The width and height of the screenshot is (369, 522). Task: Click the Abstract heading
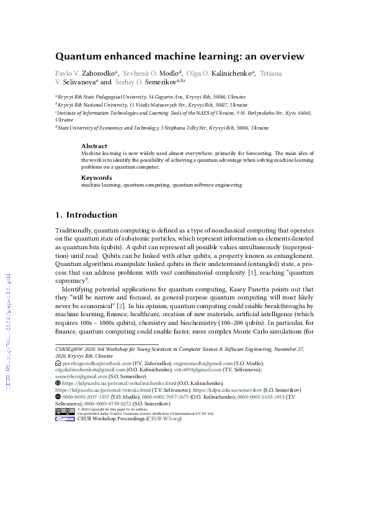click(x=94, y=146)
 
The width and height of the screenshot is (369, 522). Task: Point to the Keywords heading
click(x=96, y=177)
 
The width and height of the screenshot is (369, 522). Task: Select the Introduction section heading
click(x=91, y=215)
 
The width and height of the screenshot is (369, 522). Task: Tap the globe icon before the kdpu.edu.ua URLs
click(x=58, y=383)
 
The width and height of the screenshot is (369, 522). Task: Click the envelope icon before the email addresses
click(x=58, y=364)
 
